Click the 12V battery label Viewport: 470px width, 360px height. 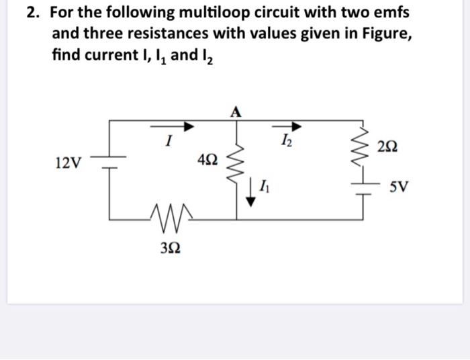pos(67,162)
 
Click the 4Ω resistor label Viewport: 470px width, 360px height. pos(208,160)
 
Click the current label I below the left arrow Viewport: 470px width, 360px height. pos(171,142)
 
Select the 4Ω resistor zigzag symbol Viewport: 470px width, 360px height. pos(236,161)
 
